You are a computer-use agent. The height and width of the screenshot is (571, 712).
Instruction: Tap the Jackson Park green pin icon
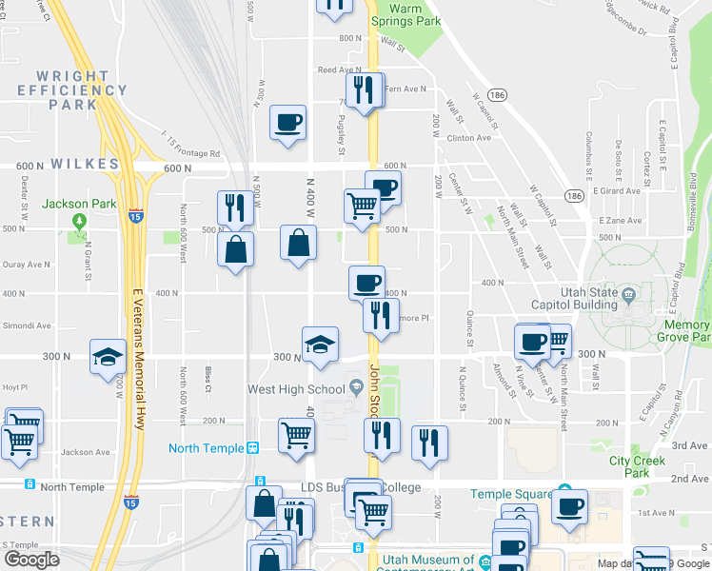[79, 223]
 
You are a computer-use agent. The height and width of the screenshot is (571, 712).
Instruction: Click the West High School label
[296, 388]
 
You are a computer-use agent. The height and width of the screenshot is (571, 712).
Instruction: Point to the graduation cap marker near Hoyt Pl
[108, 357]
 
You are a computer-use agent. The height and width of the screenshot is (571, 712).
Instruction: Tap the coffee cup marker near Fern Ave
[287, 123]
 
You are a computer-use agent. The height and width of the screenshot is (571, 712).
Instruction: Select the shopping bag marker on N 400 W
[299, 242]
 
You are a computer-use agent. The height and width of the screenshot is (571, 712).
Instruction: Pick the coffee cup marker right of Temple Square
[570, 506]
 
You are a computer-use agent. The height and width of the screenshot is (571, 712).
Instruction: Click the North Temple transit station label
[208, 448]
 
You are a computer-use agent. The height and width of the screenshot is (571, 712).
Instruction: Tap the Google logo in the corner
[32, 560]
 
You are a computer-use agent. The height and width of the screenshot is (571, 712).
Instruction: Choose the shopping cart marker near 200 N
[297, 436]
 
